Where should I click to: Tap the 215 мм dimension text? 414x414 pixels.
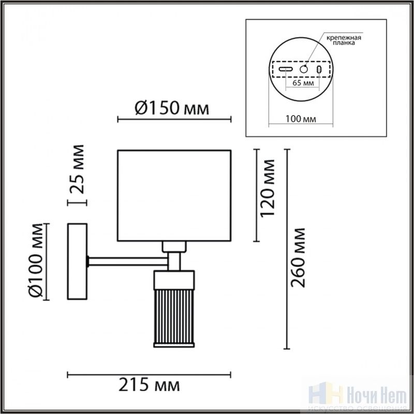point(149,385)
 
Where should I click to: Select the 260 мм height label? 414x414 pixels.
point(298,257)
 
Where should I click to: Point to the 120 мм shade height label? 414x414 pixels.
point(267,188)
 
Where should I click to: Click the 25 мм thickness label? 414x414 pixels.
point(77,169)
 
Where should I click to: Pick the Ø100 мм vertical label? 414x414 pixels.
point(35,261)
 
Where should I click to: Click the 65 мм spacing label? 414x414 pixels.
point(303,83)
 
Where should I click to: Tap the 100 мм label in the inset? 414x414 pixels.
point(301,119)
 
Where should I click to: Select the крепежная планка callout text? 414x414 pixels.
point(344,40)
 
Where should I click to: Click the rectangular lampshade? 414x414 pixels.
point(174,196)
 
